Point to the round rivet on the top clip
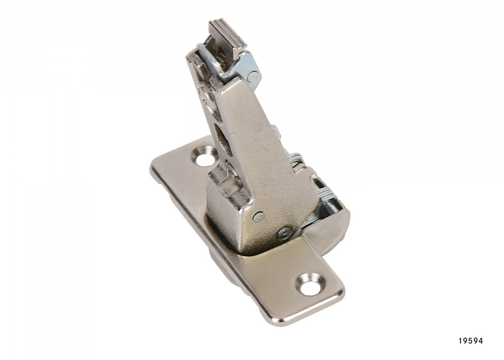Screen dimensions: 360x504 pyautogui.click(x=252, y=76)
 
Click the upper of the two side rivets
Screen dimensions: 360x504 pyautogui.click(x=258, y=217)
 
